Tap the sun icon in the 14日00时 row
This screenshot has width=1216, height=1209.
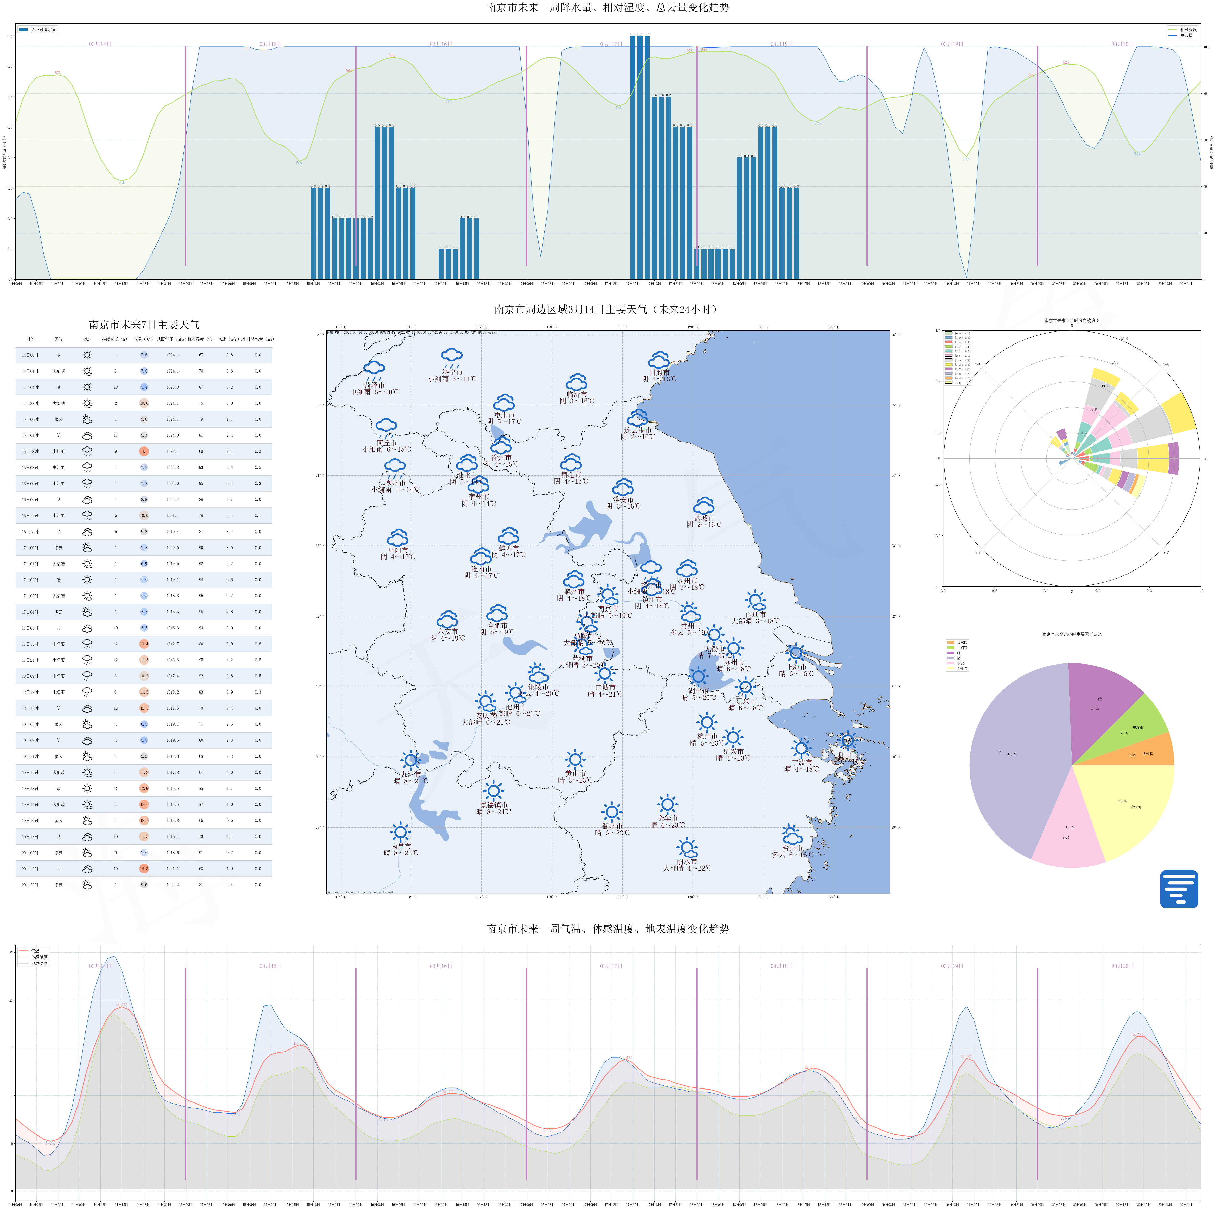coord(87,355)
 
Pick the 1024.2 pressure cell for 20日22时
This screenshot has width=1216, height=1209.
coord(172,884)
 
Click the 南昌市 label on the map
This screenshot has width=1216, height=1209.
coord(401,846)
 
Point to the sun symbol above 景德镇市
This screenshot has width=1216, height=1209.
coord(493,791)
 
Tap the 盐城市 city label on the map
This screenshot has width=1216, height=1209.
coord(704,518)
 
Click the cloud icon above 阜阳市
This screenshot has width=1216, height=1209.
coord(398,538)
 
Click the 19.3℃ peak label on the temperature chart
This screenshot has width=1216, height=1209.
coord(121,1005)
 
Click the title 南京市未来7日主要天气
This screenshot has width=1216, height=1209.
coord(144,325)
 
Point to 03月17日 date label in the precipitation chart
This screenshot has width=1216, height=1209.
coord(610,44)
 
